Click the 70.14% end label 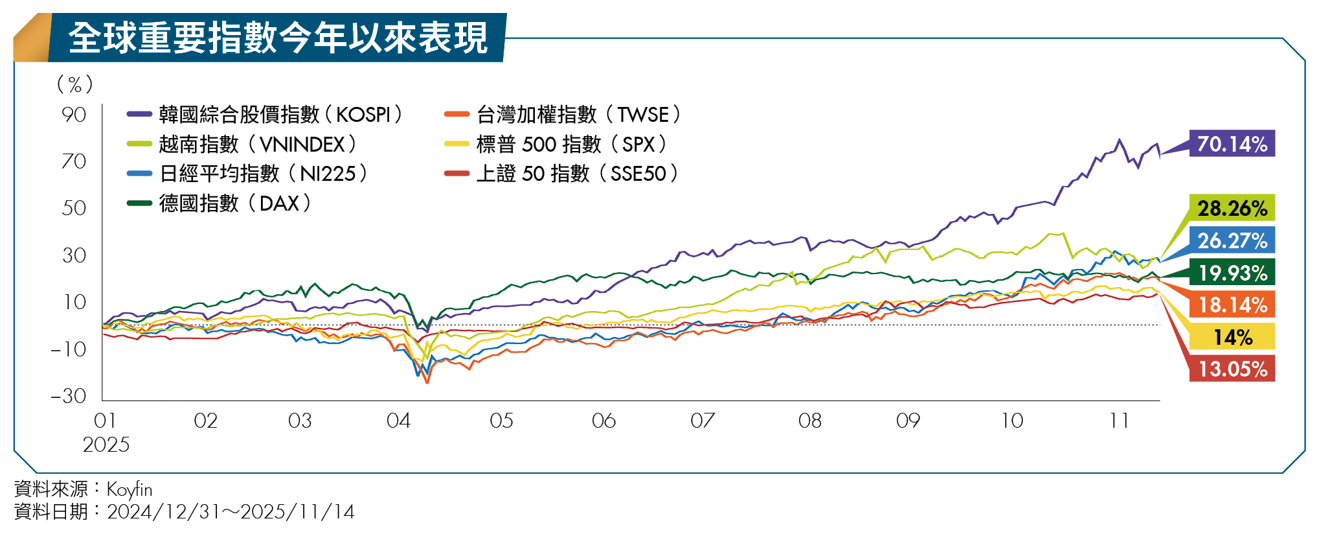click(1232, 144)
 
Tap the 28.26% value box click(1232, 208)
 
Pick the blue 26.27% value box click(1232, 240)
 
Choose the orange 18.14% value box click(1232, 305)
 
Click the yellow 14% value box click(1232, 337)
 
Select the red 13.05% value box click(1232, 369)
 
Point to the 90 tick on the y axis click(74, 115)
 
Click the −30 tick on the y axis click(69, 396)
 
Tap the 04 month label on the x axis click(398, 421)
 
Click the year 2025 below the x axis click(106, 445)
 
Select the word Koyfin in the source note click(130, 489)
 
